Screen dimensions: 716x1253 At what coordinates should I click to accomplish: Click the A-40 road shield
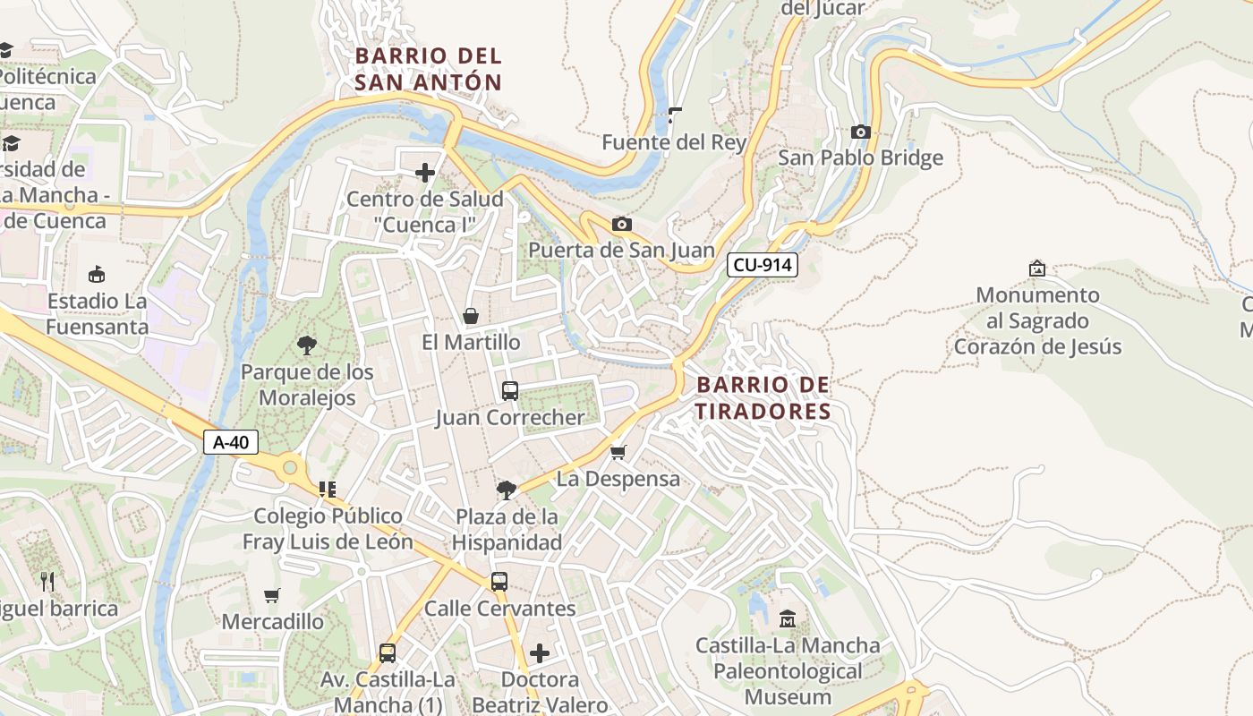[231, 442]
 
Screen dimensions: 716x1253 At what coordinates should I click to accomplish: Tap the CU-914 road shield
[762, 265]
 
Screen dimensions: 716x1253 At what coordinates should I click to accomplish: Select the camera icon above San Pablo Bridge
[860, 132]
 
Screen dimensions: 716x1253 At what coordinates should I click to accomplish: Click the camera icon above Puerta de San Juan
[621, 224]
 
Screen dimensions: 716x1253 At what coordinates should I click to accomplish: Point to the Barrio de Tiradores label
[763, 398]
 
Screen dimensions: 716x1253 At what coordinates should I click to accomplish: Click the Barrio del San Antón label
[428, 69]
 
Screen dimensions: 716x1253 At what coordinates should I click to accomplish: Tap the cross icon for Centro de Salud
[425, 173]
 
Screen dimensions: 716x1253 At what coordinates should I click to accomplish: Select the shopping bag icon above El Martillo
[471, 316]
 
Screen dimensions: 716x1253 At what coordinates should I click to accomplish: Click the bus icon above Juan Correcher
[509, 391]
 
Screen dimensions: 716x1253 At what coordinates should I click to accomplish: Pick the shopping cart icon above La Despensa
[618, 452]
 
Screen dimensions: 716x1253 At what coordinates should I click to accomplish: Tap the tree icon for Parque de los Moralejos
[307, 345]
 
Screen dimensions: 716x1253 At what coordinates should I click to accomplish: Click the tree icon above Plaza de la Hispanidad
[506, 490]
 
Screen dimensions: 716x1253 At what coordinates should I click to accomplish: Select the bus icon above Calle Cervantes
[499, 582]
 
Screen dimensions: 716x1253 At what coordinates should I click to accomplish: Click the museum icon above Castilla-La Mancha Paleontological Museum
[788, 618]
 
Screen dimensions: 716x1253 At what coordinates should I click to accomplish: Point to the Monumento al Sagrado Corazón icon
[1037, 268]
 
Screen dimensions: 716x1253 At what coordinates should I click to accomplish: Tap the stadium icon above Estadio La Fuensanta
[97, 274]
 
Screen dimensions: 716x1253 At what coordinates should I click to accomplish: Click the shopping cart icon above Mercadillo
[272, 595]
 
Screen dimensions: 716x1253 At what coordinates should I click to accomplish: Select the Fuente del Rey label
[674, 142]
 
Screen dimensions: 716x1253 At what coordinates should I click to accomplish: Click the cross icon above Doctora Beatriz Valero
[540, 652]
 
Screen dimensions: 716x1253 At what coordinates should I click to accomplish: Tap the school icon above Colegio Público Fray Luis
[328, 489]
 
